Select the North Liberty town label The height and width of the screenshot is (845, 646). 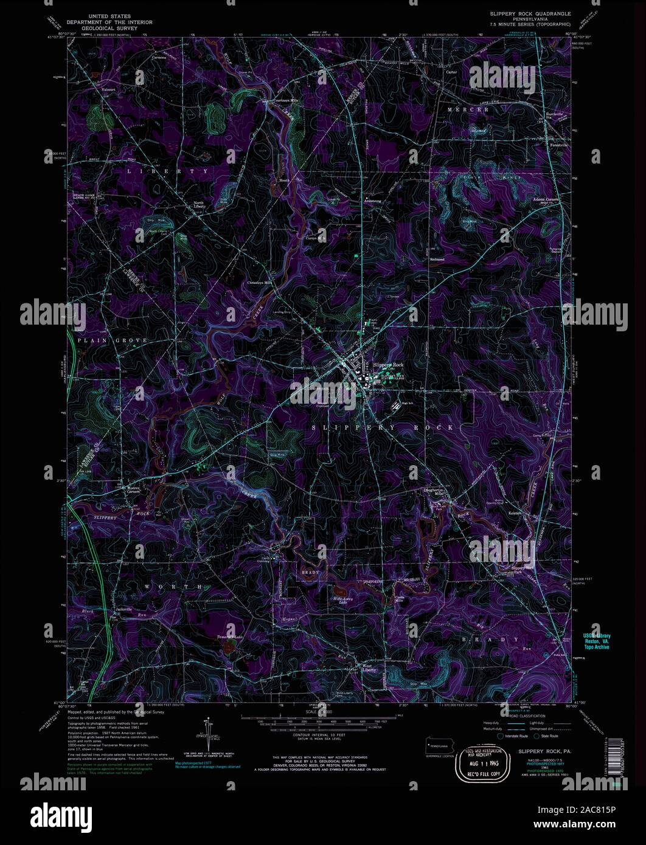click(x=201, y=205)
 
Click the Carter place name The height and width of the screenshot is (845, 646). click(x=451, y=71)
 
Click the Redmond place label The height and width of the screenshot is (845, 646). click(x=437, y=259)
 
